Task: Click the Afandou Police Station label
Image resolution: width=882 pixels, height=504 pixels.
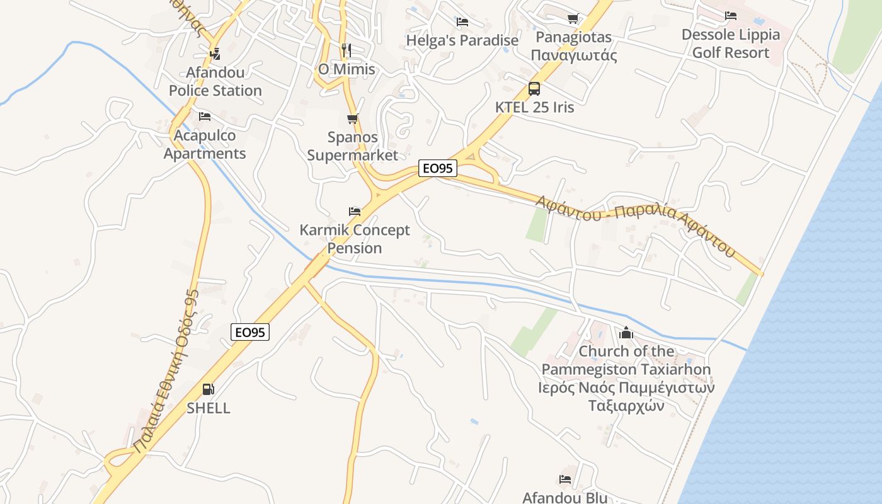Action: point(215,82)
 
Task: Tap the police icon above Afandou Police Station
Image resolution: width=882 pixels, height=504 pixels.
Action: point(215,54)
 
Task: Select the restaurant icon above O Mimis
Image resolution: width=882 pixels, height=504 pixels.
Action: point(346,50)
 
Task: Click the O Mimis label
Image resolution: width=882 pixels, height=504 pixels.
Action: point(346,69)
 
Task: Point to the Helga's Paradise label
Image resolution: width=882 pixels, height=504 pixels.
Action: point(462,40)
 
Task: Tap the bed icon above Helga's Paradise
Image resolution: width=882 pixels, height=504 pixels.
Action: point(462,22)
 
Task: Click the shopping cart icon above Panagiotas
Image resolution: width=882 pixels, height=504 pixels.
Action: point(573,19)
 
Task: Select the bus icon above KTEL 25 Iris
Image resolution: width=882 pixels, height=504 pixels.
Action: point(534,89)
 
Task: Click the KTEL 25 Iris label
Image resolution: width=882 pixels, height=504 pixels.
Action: point(535,107)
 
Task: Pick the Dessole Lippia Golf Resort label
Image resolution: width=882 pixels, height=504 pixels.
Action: point(731,43)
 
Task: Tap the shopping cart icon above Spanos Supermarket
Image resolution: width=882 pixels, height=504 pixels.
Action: point(353,118)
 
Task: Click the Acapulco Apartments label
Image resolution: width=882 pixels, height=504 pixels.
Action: point(205,144)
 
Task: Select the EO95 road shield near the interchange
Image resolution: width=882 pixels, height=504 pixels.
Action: point(438,168)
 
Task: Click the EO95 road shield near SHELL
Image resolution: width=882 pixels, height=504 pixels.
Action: point(250,332)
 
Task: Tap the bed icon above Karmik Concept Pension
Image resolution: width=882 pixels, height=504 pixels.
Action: point(355,212)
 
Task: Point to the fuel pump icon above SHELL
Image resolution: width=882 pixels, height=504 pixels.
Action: point(209,389)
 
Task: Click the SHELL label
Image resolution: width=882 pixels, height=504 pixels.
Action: point(209,408)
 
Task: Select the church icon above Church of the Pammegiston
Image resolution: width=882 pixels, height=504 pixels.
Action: point(626,333)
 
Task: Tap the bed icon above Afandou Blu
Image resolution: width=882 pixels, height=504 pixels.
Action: point(565,479)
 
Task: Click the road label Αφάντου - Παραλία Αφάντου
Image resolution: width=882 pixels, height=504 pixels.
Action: point(636,224)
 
